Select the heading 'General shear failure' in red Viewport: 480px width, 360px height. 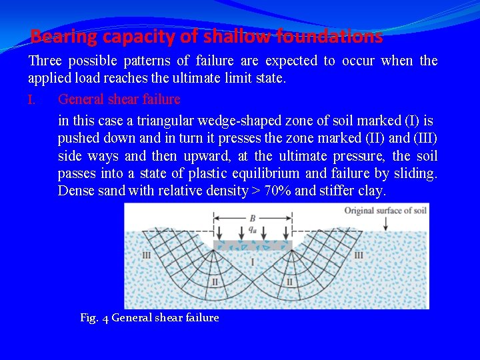point(119,99)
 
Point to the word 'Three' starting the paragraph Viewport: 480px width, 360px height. point(45,61)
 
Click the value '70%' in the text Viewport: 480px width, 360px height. point(277,191)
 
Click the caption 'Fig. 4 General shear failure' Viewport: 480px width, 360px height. point(149,318)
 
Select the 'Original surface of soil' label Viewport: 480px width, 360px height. point(385,211)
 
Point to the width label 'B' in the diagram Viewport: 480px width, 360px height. point(252,217)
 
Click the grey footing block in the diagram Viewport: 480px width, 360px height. point(253,245)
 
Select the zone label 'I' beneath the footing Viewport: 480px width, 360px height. point(252,262)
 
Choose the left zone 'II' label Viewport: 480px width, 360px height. point(215,282)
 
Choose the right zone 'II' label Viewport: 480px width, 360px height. point(289,282)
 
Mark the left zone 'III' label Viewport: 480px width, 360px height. point(147,255)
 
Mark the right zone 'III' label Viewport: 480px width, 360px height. point(359,255)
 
